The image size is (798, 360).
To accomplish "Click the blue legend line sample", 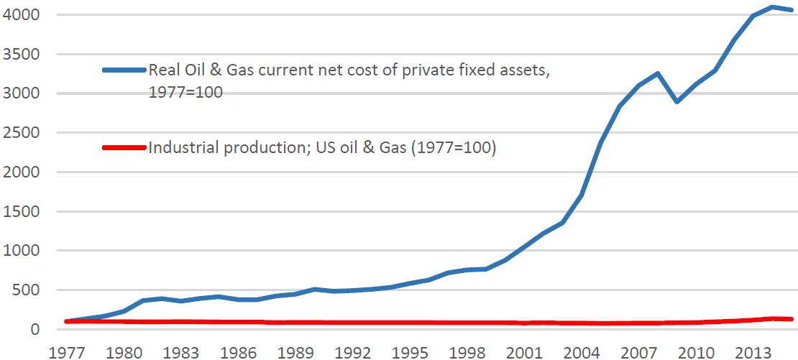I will [124, 70].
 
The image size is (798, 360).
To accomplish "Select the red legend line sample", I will [124, 149].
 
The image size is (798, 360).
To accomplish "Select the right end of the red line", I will [792, 319].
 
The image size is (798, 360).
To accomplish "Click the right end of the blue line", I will [792, 10].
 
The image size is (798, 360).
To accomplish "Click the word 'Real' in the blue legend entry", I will [162, 70].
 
